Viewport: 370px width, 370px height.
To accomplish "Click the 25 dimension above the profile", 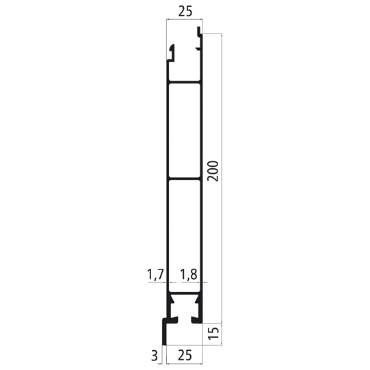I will click(x=184, y=12).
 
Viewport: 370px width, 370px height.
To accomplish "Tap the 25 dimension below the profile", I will click(x=184, y=355).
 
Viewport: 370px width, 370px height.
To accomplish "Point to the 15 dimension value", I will click(x=213, y=333).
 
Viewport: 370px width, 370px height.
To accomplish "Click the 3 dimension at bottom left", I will click(x=155, y=355).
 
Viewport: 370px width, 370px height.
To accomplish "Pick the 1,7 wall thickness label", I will click(x=156, y=274).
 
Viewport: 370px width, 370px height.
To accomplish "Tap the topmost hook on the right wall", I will click(x=200, y=31).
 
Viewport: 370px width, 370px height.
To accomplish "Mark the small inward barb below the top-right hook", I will click(x=199, y=48).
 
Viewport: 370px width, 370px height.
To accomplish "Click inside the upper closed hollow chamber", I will click(x=184, y=130).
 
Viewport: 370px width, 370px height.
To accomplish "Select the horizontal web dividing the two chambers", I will click(x=184, y=179).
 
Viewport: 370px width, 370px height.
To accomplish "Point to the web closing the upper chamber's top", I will click(x=184, y=83).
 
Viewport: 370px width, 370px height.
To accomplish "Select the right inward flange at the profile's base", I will click(x=196, y=319).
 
